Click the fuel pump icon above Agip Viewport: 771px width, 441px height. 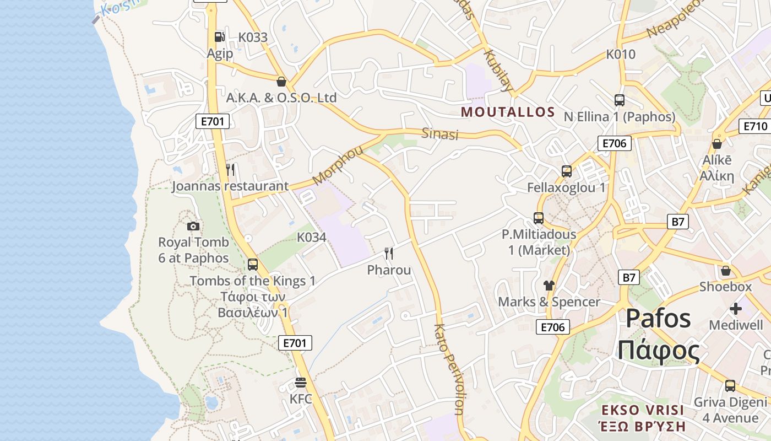(x=219, y=37)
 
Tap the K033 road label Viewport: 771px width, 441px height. (x=253, y=37)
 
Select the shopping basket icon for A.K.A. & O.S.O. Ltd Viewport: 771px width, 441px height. (x=281, y=82)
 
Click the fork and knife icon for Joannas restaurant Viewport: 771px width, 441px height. (x=230, y=170)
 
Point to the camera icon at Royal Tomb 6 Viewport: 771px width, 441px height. (x=193, y=226)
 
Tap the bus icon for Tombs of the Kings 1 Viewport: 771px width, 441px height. (x=253, y=265)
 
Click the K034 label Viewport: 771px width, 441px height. (x=312, y=238)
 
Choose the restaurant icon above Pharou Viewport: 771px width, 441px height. (x=389, y=254)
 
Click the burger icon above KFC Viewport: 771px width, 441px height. (x=301, y=383)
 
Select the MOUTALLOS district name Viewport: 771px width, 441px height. (x=508, y=112)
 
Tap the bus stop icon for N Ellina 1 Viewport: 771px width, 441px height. (x=620, y=100)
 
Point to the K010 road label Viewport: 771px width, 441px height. (x=621, y=55)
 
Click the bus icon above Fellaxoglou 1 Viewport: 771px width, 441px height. (x=567, y=171)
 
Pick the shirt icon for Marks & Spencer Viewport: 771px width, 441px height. (x=549, y=286)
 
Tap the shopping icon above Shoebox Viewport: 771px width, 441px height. (x=726, y=271)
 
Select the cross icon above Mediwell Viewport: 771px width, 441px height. (x=736, y=309)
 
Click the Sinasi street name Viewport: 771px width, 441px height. (x=440, y=133)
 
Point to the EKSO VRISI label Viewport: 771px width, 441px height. (x=643, y=410)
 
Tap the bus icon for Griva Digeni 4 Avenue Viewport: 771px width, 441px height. (x=730, y=386)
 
